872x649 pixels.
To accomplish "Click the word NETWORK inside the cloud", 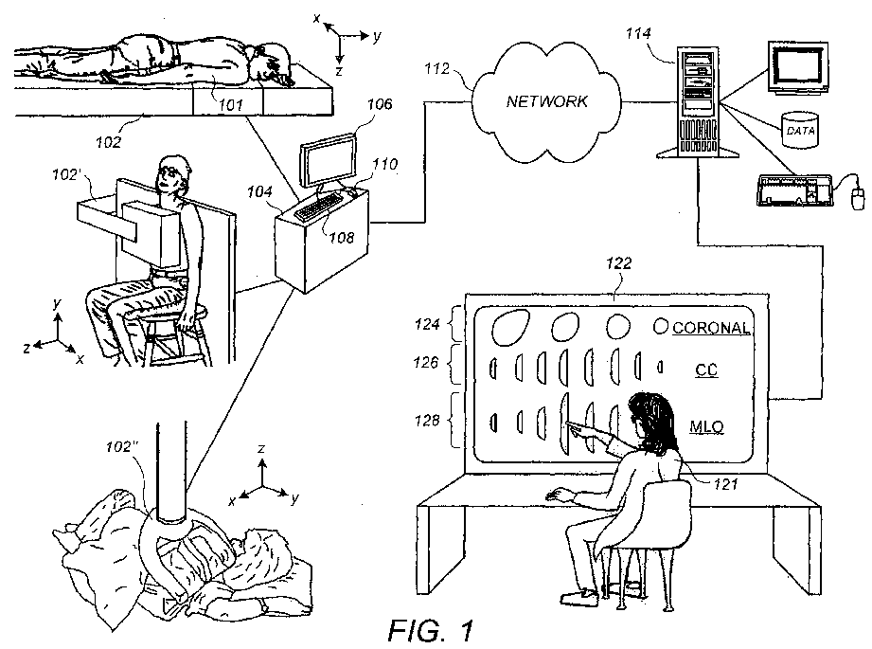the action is (546, 101).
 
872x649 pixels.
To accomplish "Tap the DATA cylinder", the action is (800, 130).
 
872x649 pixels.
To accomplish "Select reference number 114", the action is (638, 34).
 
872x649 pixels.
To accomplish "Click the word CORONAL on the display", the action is (711, 328).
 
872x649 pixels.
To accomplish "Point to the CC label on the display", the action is (706, 370).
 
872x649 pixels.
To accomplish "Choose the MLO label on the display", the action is (707, 427).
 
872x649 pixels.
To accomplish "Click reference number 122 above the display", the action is (618, 262).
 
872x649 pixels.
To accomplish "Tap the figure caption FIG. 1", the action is (431, 630).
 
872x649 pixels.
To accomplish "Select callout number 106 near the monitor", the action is (380, 104).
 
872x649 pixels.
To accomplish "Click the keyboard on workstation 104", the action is (319, 207).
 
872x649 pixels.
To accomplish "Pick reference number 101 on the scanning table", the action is (230, 104).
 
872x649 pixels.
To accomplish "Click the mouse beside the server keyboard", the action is (858, 198).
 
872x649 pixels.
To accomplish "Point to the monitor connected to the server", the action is (798, 66).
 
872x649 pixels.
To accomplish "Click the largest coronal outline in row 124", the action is (510, 328).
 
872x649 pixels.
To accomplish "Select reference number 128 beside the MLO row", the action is (427, 421).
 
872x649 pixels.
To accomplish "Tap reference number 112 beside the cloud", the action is (436, 68).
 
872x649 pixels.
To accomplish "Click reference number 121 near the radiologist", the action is (726, 484).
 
